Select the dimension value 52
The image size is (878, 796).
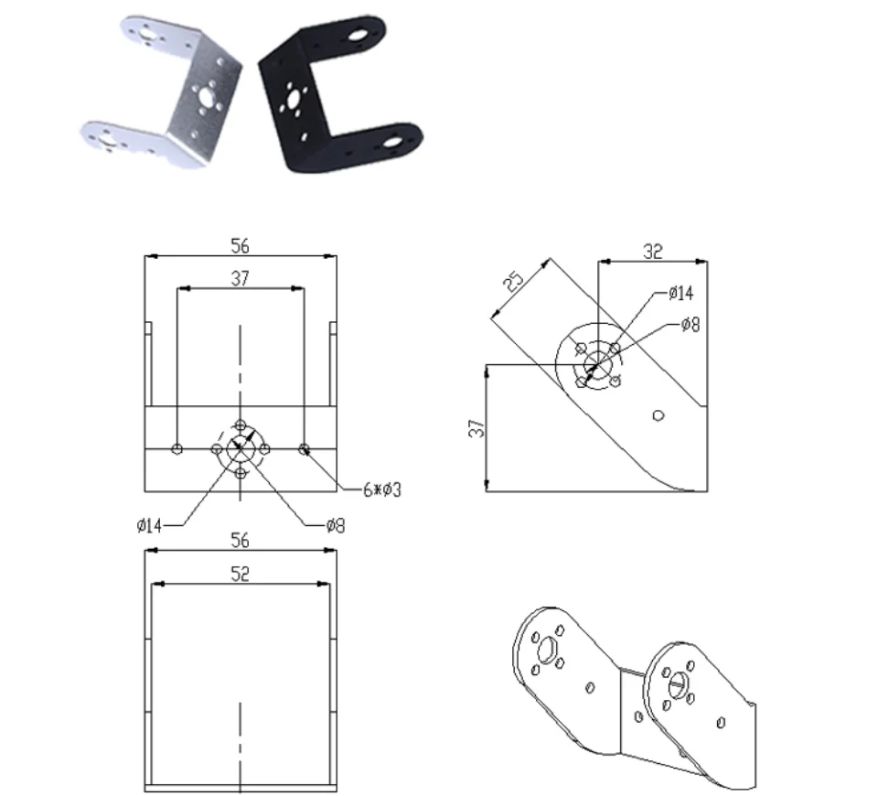tap(240, 574)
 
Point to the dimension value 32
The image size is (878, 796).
tap(653, 251)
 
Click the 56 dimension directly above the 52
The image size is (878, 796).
tap(240, 540)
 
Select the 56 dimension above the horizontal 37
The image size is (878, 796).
tap(240, 245)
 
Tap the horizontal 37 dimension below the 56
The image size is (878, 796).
tap(240, 279)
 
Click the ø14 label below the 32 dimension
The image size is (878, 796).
tap(681, 294)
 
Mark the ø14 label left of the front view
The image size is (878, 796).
tap(149, 525)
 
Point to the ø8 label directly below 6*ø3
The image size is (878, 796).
tap(336, 525)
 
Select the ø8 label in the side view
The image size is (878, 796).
tap(691, 324)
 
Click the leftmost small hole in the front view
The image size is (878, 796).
tap(177, 448)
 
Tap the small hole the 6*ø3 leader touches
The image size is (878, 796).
tap(305, 448)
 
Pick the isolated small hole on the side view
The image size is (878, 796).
tap(658, 415)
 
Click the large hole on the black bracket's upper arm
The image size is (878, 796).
tap(356, 39)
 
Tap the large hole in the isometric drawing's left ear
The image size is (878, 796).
tap(548, 649)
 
